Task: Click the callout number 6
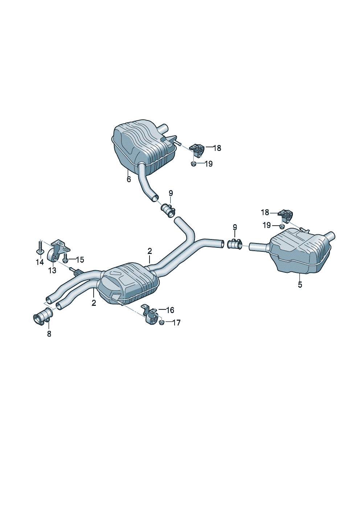[129, 179]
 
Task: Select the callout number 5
[300, 285]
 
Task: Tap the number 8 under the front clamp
[49, 334]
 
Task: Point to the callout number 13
[52, 270]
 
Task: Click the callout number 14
[40, 262]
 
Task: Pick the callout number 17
[176, 323]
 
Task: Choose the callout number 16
[170, 310]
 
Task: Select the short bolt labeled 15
[65, 259]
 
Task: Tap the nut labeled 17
[162, 322]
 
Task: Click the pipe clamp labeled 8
[42, 316]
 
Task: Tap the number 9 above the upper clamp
[171, 193]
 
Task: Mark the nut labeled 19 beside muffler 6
[193, 164]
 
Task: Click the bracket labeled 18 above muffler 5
[286, 216]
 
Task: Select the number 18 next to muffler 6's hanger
[217, 148]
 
